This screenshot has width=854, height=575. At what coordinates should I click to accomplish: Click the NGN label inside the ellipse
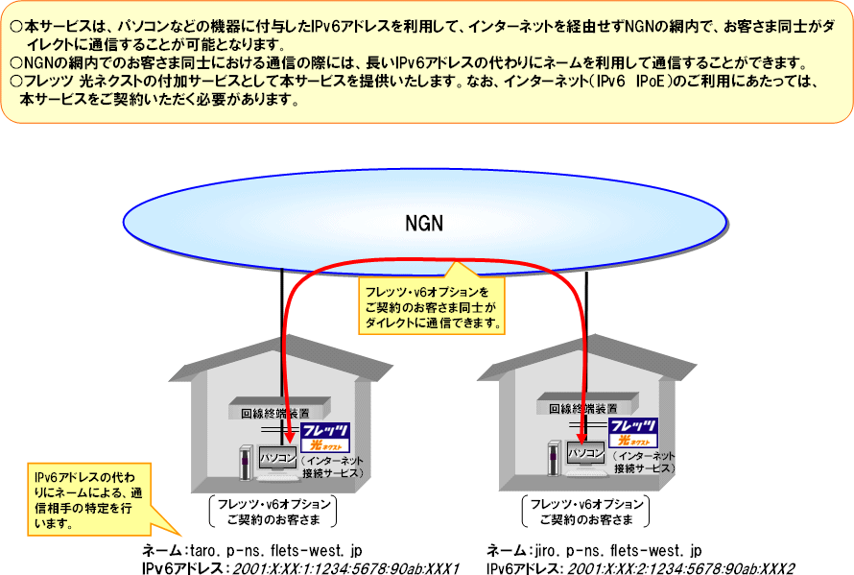[424, 225]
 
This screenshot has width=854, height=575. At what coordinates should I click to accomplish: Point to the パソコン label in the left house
[278, 452]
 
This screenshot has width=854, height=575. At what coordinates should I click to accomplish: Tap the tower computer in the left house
[245, 462]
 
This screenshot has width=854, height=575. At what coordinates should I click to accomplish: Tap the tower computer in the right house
[553, 458]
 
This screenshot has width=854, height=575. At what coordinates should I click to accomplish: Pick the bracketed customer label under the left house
[272, 512]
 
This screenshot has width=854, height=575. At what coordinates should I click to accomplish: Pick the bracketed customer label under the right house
[584, 512]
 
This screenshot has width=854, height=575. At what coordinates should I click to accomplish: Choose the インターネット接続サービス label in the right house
[644, 462]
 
